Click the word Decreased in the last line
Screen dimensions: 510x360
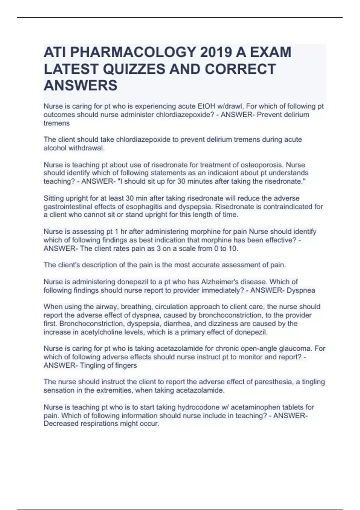[60, 424]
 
